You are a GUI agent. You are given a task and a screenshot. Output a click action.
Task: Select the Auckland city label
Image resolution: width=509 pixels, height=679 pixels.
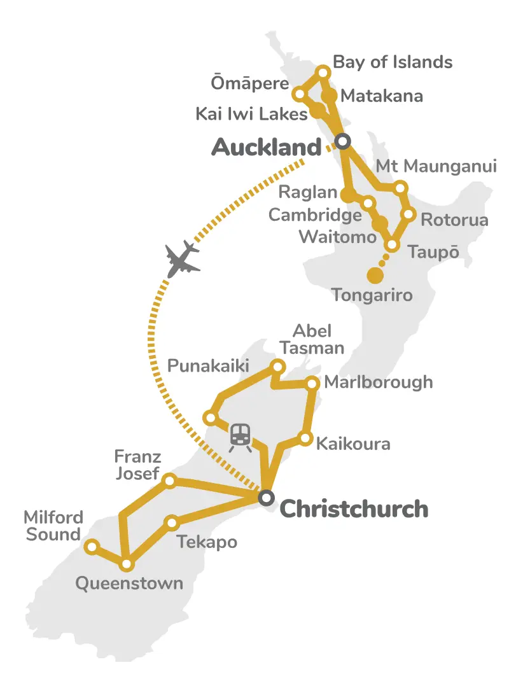(266, 148)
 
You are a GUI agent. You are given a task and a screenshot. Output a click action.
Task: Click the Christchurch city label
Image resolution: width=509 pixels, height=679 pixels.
(354, 509)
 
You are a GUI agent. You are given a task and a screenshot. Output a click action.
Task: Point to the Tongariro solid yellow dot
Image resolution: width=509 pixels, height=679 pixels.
(375, 276)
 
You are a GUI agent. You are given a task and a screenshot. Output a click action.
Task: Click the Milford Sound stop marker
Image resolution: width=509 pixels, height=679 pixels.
(92, 546)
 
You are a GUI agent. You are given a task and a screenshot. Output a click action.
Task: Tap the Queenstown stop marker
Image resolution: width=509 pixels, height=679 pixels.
(127, 564)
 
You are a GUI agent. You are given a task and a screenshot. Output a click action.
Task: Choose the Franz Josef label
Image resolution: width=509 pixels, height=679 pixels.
(137, 465)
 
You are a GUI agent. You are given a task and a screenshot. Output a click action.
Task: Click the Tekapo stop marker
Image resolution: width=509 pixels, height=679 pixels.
(172, 523)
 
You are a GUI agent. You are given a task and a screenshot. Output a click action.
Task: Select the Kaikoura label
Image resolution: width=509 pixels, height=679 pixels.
(353, 444)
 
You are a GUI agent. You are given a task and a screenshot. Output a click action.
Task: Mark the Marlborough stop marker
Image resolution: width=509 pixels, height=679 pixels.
(312, 383)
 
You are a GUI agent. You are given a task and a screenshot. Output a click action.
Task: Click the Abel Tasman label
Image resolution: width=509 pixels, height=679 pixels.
(317, 339)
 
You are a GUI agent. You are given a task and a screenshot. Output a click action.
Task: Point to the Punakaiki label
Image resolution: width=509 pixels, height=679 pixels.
(208, 366)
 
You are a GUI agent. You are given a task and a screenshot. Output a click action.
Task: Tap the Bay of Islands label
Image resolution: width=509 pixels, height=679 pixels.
(393, 62)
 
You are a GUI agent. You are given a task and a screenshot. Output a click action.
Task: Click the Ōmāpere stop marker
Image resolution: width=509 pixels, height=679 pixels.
(298, 94)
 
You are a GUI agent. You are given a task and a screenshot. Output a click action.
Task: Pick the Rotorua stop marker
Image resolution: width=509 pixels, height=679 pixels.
(409, 214)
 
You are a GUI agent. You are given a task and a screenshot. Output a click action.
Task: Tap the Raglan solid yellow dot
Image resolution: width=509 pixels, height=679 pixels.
(348, 194)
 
